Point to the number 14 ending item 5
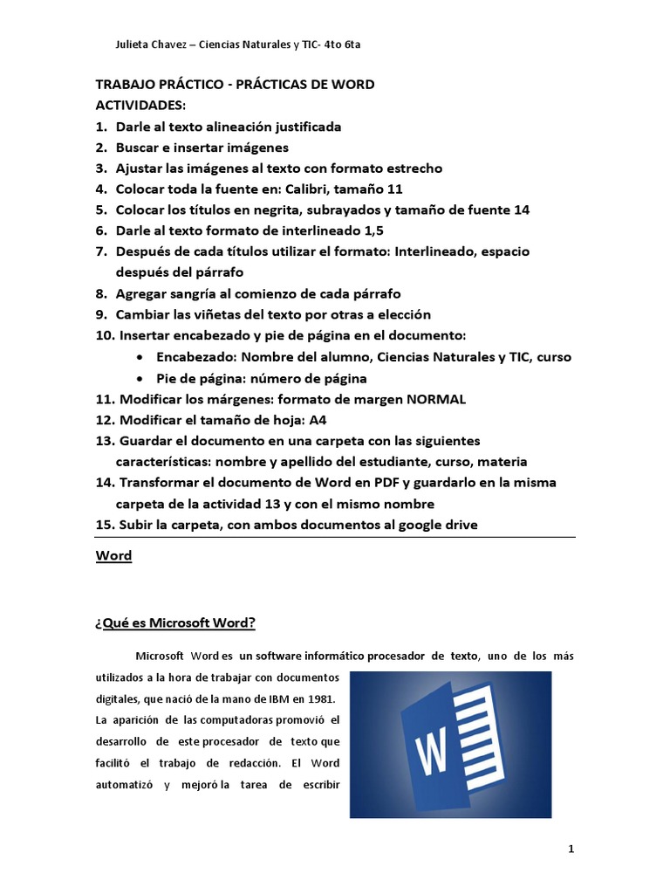click(521, 210)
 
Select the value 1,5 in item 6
click(371, 230)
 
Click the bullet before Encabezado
click(141, 358)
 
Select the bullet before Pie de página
click(141, 379)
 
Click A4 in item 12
click(318, 420)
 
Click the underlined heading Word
click(113, 556)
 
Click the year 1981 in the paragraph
click(318, 700)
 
